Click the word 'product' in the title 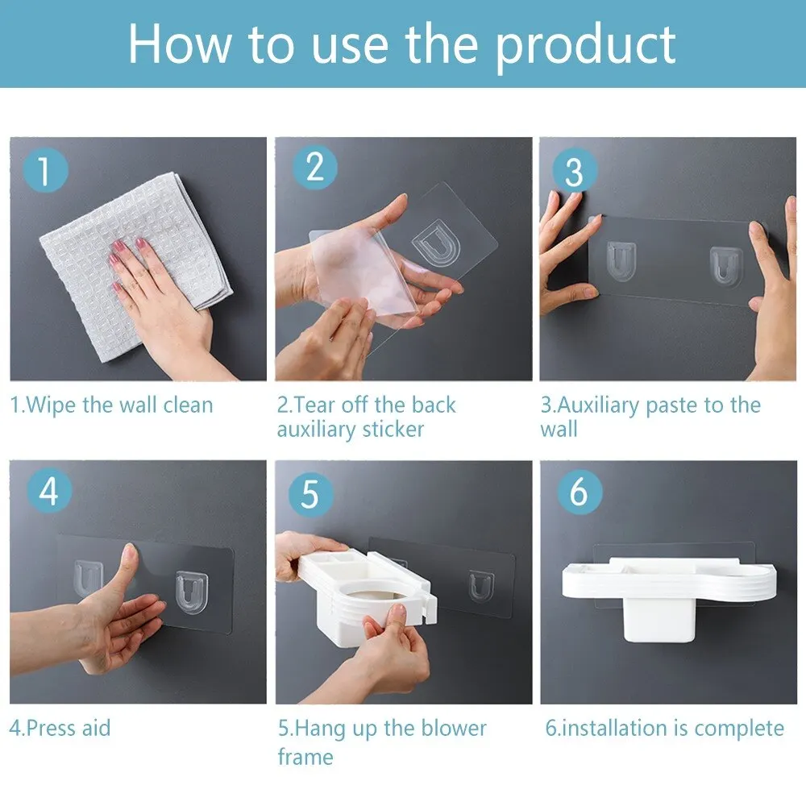point(585,44)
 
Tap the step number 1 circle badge point(46,172)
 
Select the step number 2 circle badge point(314,168)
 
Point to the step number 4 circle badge point(48,492)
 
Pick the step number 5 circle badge point(310,494)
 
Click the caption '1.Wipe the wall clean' point(111,404)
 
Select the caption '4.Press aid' point(60,728)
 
